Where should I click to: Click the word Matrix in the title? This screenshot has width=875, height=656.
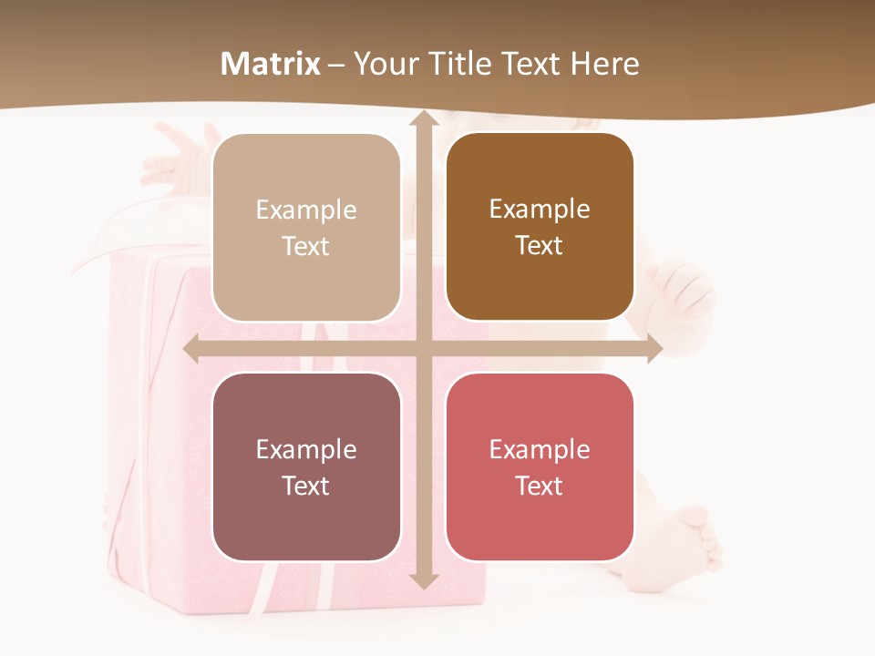pos(271,64)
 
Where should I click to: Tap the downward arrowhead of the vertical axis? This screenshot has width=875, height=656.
pos(423,580)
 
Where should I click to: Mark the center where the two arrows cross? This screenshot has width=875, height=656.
pos(423,349)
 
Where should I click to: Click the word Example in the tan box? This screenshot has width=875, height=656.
pos(306,210)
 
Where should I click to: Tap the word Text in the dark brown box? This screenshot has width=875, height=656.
pos(540,246)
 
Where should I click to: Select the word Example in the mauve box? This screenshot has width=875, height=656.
pos(306,449)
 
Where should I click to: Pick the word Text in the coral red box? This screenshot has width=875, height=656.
pos(540,486)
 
